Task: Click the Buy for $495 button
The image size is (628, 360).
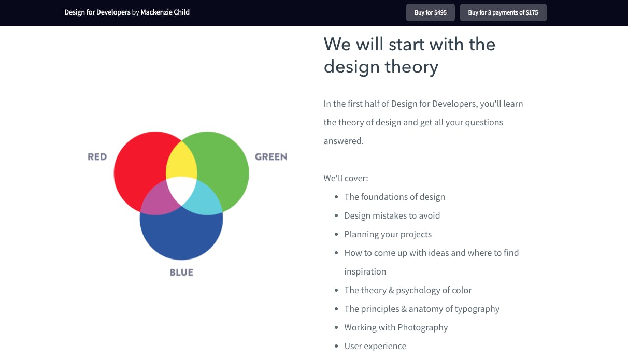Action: pos(431,12)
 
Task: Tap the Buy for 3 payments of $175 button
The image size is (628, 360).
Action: pos(503,12)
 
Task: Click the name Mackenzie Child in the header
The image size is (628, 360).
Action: pos(165,12)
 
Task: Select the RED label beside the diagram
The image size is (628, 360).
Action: pos(97,157)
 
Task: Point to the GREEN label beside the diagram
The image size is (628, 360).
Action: pos(271,157)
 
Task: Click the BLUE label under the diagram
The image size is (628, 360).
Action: pos(181,272)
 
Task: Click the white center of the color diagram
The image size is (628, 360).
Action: pos(181,190)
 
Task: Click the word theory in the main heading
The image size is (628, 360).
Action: pos(411,67)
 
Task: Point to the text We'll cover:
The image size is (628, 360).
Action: pos(346,178)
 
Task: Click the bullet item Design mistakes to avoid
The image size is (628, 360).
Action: pos(392,215)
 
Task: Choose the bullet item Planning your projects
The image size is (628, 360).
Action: pos(388,234)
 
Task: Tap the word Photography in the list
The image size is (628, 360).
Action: pos(422,327)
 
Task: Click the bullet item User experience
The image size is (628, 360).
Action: pos(375,346)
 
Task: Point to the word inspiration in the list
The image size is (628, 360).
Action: pos(365,271)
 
